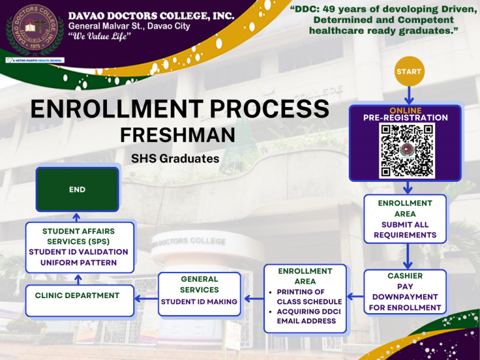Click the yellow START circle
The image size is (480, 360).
coord(409,72)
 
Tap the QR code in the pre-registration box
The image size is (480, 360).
coord(407,151)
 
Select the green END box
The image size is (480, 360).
coord(77,189)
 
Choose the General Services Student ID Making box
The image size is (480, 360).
coord(199,291)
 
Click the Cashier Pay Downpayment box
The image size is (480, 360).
coord(404,292)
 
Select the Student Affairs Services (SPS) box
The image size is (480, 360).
coord(79,247)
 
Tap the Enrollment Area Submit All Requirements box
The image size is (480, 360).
coord(405,219)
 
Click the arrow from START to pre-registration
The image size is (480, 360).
coord(409,95)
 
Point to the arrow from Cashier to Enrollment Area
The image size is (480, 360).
coord(354,296)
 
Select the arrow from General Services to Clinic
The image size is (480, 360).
coord(146,299)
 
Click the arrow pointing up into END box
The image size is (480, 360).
coord(77,217)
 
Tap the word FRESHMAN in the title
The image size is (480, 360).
coord(177,135)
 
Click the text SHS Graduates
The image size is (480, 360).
coord(176,159)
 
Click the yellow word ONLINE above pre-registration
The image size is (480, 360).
coord(405,111)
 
